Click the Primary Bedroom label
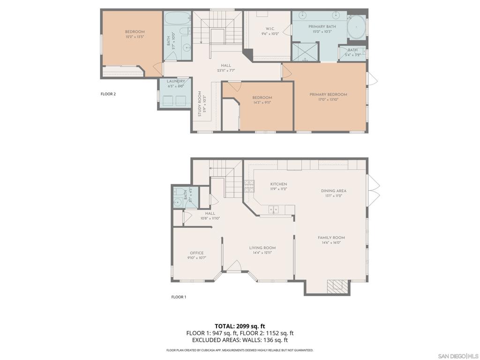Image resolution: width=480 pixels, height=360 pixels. click(328, 95)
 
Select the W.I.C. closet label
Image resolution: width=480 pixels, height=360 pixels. click(270, 29)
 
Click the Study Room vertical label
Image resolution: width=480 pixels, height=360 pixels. click(199, 104)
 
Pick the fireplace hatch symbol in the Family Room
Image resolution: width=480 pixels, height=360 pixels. click(337, 286)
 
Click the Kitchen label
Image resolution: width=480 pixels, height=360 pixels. click(278, 184)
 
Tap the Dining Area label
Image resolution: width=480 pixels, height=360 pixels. click(334, 191)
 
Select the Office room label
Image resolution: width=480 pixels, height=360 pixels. click(196, 253)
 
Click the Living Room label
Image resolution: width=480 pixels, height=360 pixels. click(262, 248)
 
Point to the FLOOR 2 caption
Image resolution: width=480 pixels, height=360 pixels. click(108, 94)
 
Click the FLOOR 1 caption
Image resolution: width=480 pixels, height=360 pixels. click(179, 297)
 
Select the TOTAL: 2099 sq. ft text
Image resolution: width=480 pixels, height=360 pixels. click(240, 326)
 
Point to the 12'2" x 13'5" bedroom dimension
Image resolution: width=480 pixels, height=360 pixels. click(135, 37)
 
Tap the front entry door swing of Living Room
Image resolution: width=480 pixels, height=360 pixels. click(233, 267)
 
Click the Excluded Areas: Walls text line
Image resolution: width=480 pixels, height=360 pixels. click(240, 340)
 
